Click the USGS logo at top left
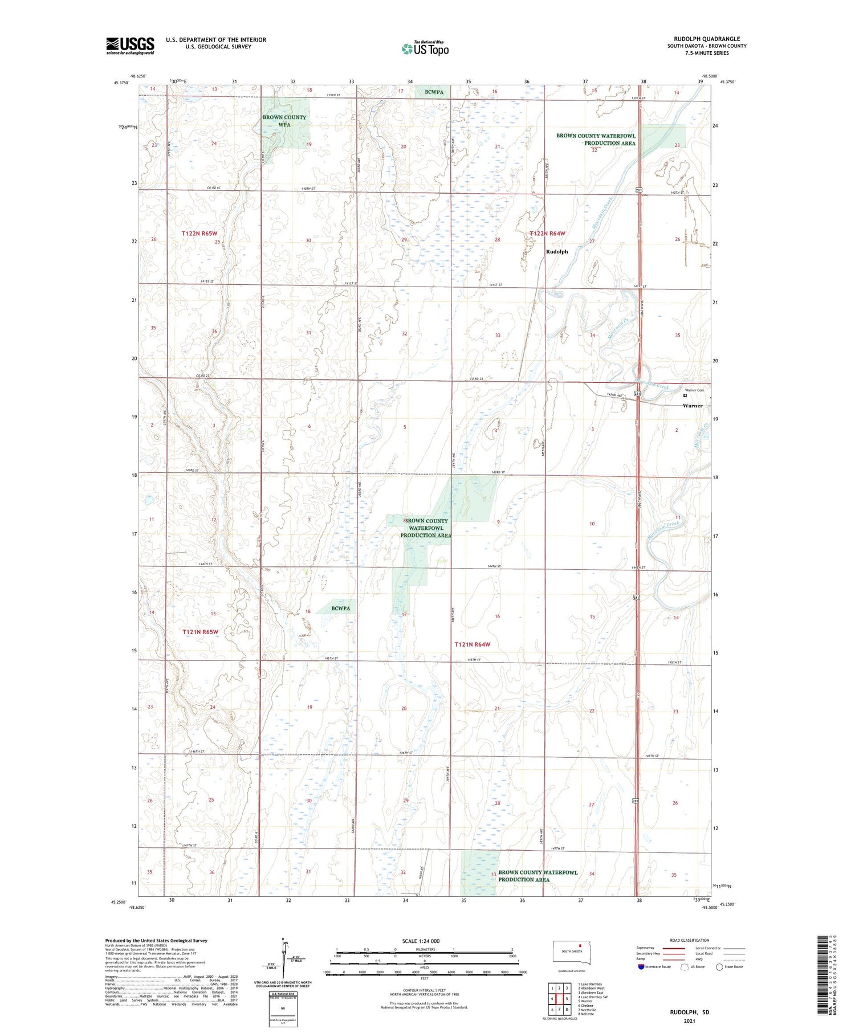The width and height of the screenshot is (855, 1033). [130, 46]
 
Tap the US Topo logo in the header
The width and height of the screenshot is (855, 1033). [425, 49]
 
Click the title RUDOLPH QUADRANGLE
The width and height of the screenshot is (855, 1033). [706, 39]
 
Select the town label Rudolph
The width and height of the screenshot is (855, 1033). [557, 251]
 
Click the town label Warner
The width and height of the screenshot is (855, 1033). [693, 406]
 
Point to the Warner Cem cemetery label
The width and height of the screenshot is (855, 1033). [694, 390]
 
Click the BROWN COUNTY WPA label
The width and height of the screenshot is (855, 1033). [284, 121]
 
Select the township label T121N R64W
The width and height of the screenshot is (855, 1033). [472, 644]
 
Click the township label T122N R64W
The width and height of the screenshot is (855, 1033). [547, 234]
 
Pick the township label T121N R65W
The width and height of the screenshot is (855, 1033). [200, 632]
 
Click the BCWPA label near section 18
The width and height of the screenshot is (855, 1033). [341, 608]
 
